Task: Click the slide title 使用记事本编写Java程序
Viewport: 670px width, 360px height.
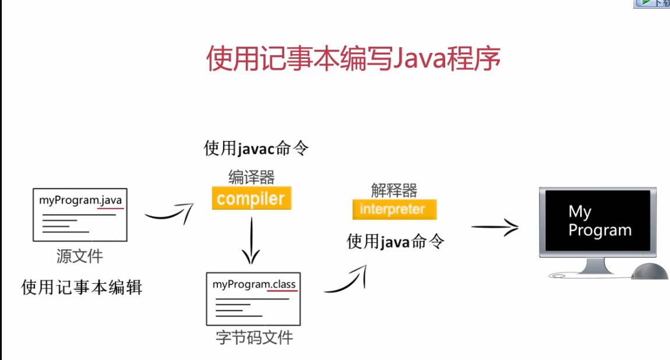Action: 353,59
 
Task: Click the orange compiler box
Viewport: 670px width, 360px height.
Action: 251,199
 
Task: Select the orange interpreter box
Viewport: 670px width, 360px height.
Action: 394,209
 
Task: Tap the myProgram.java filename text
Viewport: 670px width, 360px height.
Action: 80,200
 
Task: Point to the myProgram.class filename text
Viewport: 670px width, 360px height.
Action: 254,284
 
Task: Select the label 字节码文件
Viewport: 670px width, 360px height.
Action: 254,337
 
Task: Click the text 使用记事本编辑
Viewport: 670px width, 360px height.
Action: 82,287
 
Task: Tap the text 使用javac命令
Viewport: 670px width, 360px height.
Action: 256,149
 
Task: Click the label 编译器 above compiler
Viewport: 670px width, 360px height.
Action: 251,177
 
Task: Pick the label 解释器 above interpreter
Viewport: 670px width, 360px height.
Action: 394,190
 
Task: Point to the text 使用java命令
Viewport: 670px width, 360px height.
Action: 396,241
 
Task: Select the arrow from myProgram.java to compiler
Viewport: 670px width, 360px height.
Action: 168,214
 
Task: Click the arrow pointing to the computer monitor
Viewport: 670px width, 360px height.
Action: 494,227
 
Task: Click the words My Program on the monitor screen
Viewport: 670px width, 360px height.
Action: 600,221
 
